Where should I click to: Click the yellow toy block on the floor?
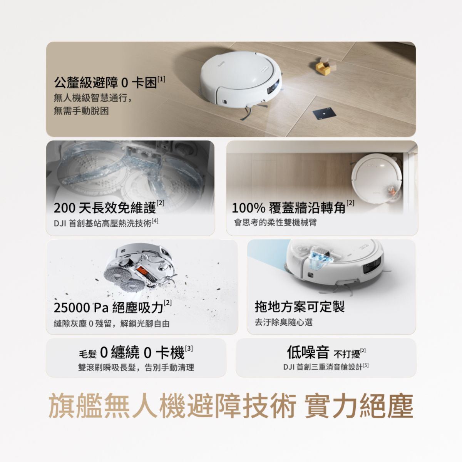click(x=323, y=68)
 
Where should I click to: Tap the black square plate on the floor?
click(x=324, y=113)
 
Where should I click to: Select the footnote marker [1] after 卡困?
click(x=161, y=79)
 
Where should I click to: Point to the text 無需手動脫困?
click(x=81, y=111)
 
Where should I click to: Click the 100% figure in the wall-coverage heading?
click(x=249, y=208)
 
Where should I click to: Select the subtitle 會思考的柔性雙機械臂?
click(x=275, y=223)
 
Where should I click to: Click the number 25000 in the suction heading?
click(x=72, y=308)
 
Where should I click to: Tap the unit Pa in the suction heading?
click(x=101, y=308)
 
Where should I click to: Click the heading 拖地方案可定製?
click(x=300, y=306)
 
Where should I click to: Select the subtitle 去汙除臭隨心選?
click(x=284, y=322)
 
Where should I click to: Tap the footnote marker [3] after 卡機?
click(x=189, y=348)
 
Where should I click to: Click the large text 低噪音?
click(x=308, y=352)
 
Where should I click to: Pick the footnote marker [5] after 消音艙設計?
click(x=366, y=366)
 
